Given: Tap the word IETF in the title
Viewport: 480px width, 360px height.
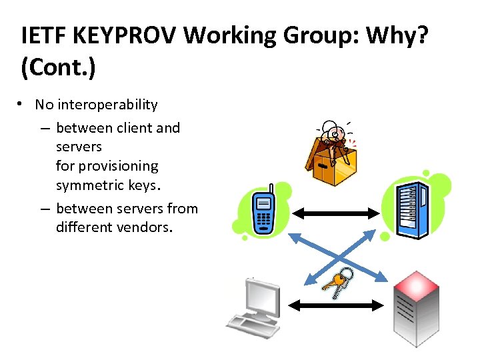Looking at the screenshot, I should [x=43, y=37].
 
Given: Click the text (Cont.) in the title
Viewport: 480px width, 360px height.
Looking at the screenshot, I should [x=58, y=69].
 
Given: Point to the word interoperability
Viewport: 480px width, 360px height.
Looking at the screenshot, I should [x=107, y=105].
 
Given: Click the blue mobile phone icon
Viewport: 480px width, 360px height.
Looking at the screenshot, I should [x=263, y=211].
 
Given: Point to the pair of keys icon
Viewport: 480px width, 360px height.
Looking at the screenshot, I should [x=338, y=281].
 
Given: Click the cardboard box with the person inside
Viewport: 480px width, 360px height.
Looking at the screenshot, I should [x=331, y=155].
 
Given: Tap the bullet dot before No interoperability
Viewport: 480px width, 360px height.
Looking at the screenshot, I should [x=22, y=105].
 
